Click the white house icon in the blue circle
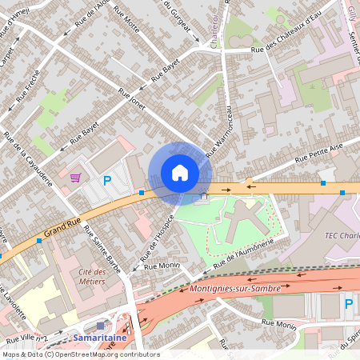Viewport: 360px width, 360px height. pyautogui.click(x=180, y=173)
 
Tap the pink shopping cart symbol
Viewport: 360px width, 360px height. pyautogui.click(x=75, y=178)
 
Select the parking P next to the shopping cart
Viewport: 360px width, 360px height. pyautogui.click(x=106, y=181)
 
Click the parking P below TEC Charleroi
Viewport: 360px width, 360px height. pyautogui.click(x=348, y=303)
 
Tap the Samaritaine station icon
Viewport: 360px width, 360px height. pyautogui.click(x=100, y=326)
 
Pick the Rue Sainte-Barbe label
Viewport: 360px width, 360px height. pyautogui.click(x=102, y=250)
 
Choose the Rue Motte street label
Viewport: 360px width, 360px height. pyautogui.click(x=129, y=20)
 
